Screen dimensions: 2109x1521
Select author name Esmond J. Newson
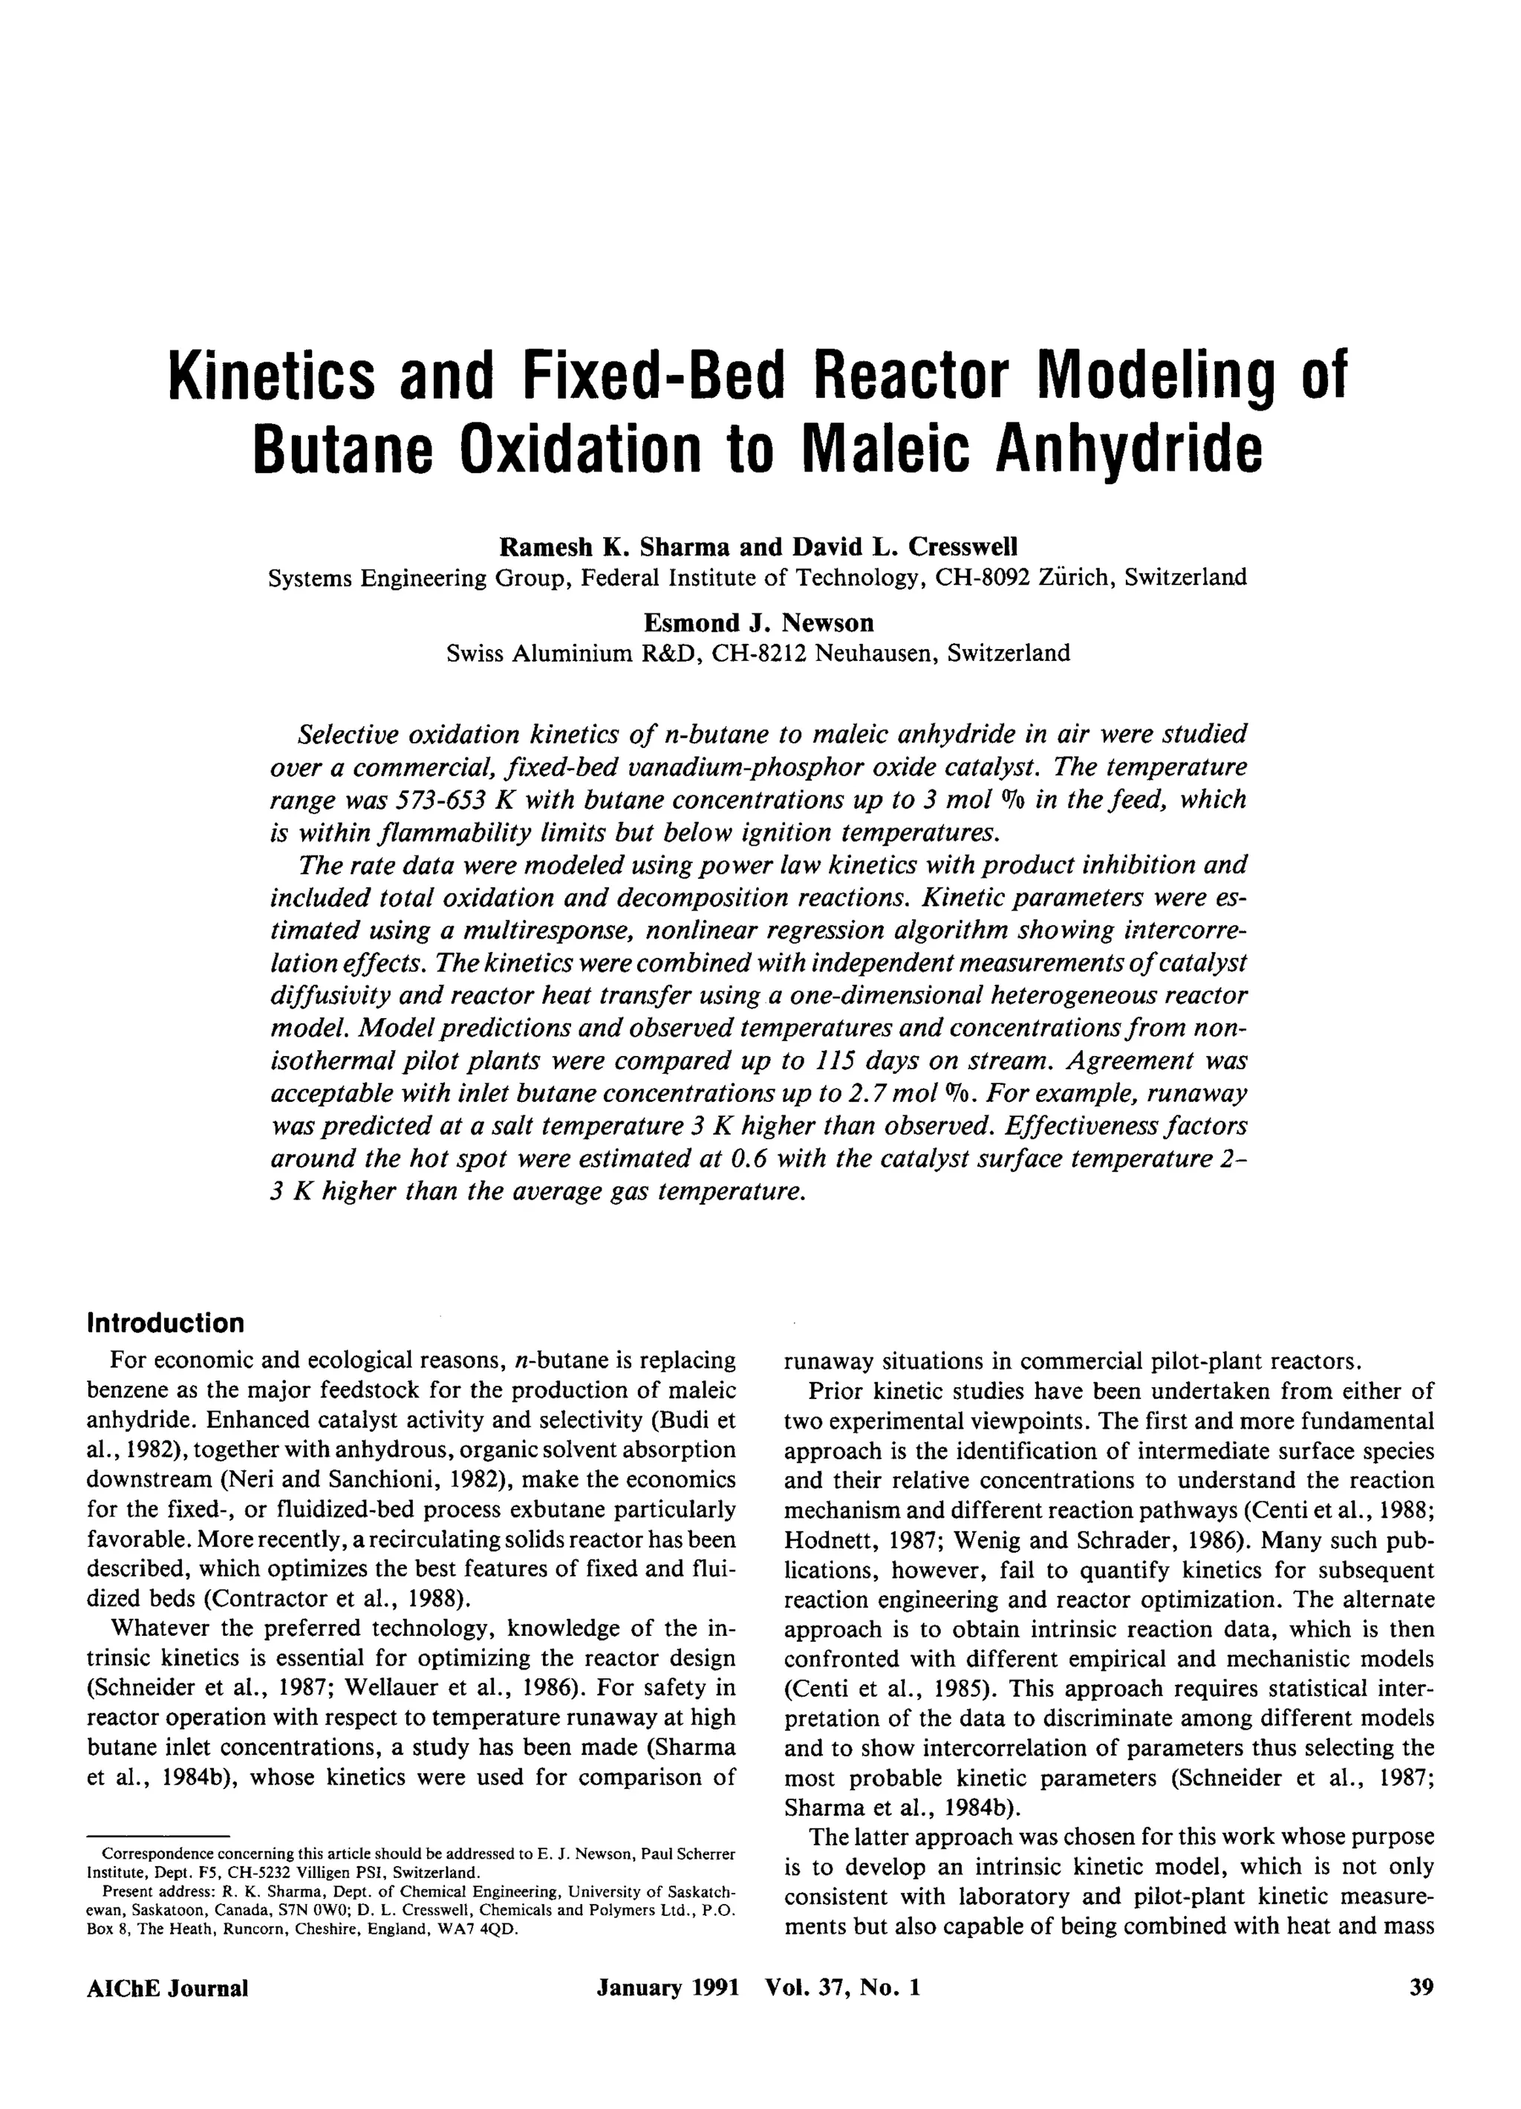[758, 622]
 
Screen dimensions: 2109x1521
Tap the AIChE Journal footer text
[167, 1988]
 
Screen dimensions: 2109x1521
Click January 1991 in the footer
[668, 1988]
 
